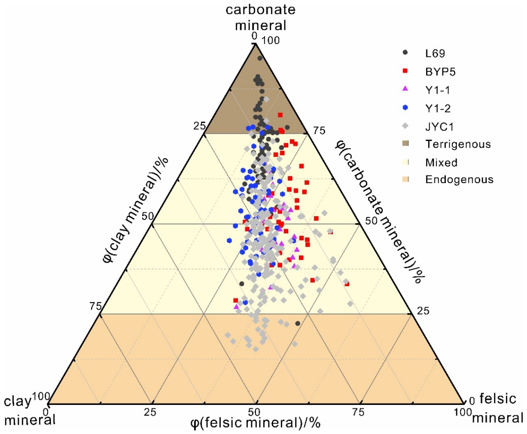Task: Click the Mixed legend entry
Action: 441,163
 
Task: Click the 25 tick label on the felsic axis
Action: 150,412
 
